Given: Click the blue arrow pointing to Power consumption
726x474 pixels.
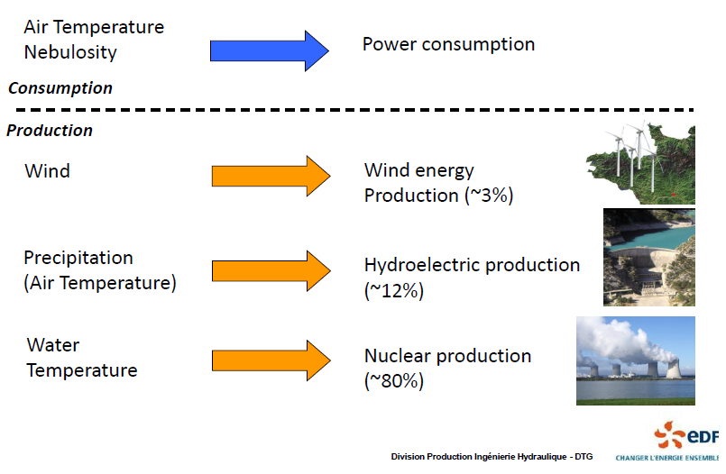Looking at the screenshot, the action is pyautogui.click(x=270, y=50).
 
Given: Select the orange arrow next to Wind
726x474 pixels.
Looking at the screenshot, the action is pyautogui.click(x=271, y=177).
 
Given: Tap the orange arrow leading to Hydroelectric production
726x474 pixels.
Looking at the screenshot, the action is pyautogui.click(x=271, y=271).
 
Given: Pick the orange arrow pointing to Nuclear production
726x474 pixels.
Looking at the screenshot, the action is pyautogui.click(x=271, y=360).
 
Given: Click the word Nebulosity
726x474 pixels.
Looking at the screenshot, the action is pyautogui.click(x=70, y=52).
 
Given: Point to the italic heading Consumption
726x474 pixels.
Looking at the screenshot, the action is pyautogui.click(x=60, y=88).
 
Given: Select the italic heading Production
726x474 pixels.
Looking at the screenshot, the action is pyautogui.click(x=50, y=131).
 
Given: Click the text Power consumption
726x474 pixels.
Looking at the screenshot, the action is pyautogui.click(x=448, y=44).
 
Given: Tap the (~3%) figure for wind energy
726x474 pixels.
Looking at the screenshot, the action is pyautogui.click(x=489, y=196).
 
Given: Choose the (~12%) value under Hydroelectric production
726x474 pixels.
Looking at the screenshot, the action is pyautogui.click(x=394, y=291).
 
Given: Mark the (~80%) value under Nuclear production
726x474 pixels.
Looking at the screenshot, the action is pyautogui.click(x=394, y=381).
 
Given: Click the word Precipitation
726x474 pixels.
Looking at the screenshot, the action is pyautogui.click(x=78, y=258).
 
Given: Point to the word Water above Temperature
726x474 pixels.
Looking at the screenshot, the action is pyautogui.click(x=53, y=345).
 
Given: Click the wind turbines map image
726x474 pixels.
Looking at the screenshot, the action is pyautogui.click(x=641, y=163).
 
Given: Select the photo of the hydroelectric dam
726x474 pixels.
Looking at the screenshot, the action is pyautogui.click(x=649, y=257).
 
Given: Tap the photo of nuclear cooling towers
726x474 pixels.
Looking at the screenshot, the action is pyautogui.click(x=636, y=360).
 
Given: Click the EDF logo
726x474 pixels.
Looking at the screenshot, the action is pyautogui.click(x=686, y=434).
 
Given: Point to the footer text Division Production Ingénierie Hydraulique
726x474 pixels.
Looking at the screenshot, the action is pyautogui.click(x=479, y=457).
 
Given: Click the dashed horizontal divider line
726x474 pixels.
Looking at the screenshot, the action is pyautogui.click(x=354, y=110).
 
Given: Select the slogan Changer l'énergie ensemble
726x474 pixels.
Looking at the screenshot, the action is pyautogui.click(x=667, y=458).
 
